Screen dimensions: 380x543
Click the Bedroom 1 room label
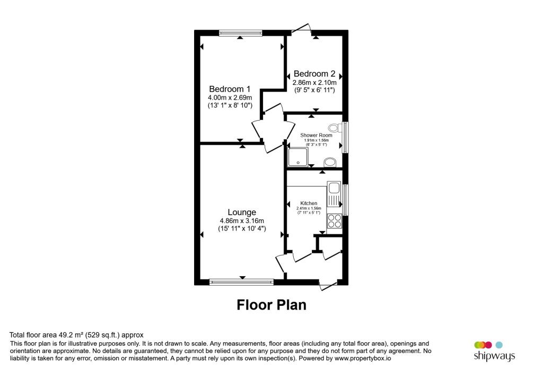coord(229,89)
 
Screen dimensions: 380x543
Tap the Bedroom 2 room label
coord(314,74)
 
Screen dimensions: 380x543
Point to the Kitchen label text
coord(309,204)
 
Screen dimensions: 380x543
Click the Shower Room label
coord(316,135)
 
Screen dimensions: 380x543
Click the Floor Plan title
coord(271,305)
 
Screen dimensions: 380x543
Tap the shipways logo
coord(494,351)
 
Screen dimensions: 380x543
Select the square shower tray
coord(297,157)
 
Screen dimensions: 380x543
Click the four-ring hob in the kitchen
coord(335,221)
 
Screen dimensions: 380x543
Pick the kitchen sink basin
coord(335,188)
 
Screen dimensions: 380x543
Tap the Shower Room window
coord(345,138)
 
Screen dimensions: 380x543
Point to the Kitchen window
coord(345,199)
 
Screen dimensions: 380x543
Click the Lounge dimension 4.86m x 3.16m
coord(242,221)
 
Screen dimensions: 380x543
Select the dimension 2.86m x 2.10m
coord(314,83)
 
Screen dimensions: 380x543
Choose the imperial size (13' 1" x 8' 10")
coord(230,105)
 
